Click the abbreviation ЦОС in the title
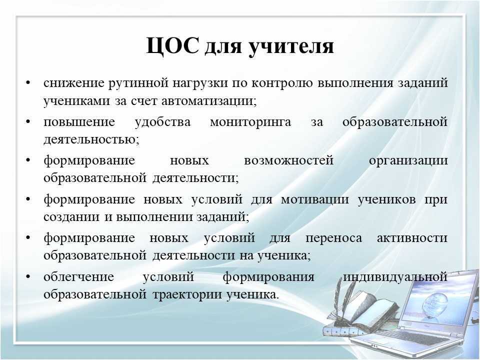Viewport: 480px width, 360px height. point(172,45)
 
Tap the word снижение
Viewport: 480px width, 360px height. point(74,83)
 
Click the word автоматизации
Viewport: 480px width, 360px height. point(208,101)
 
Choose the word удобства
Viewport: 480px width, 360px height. point(162,122)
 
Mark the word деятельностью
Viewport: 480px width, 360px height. point(91,140)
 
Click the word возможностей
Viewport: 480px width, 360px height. point(288,160)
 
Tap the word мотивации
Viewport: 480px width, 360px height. point(314,200)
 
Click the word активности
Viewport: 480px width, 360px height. point(412,238)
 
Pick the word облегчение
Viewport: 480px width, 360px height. point(78,277)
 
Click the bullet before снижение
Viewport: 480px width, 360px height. point(28,83)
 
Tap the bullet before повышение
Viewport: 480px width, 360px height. point(28,122)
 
